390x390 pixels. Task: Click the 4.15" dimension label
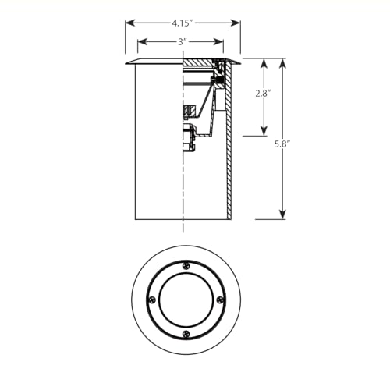(182, 23)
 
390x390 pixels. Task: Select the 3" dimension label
(183, 42)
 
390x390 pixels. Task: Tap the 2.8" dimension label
(263, 93)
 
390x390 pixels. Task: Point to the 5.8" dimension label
(282, 144)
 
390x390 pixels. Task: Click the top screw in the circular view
(186, 266)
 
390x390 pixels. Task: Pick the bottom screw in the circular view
(186, 334)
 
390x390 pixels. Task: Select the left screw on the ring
(152, 300)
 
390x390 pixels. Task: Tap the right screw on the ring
(220, 300)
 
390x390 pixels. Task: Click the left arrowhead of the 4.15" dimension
(130, 23)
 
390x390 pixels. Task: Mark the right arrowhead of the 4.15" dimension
(236, 23)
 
